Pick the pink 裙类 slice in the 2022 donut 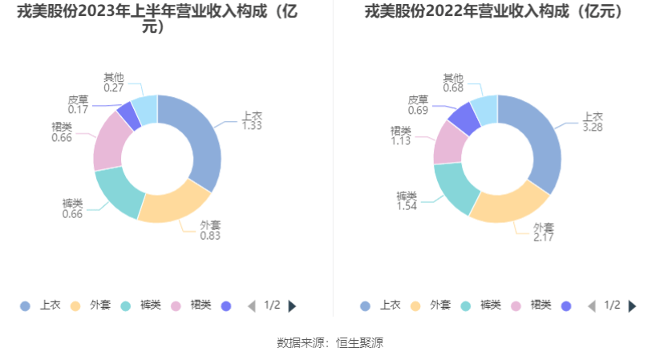449,143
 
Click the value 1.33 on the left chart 253,126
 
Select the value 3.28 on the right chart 593,127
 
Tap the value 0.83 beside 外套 210,236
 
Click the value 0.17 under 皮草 78,110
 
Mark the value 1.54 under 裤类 407,206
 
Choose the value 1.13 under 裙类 400,141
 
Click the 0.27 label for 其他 113,88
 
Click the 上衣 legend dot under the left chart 25,305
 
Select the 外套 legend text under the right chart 440,305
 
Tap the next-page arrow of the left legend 293,305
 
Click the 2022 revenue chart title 494,12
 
